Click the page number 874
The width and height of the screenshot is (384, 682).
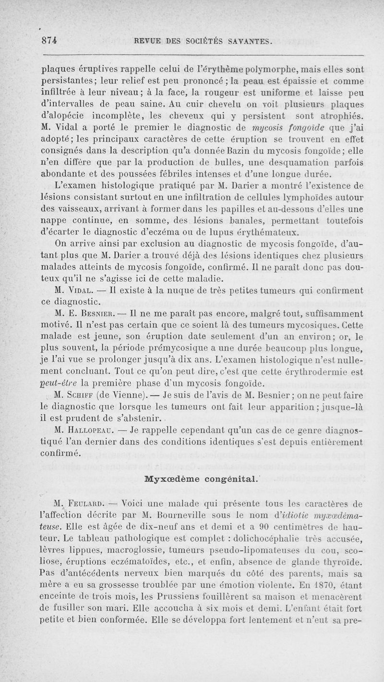coord(49,41)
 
